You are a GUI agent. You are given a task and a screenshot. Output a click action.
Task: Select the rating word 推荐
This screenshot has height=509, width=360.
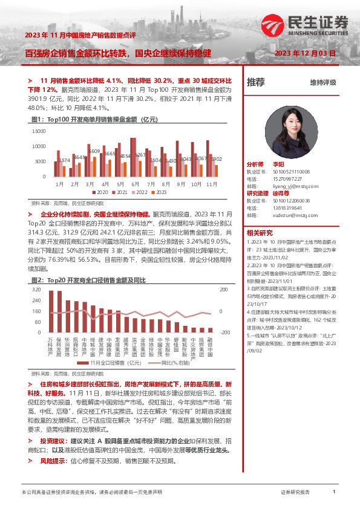pyautogui.click(x=256, y=82)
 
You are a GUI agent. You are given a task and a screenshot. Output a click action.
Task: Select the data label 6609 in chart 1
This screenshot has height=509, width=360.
pyautogui.click(x=94, y=151)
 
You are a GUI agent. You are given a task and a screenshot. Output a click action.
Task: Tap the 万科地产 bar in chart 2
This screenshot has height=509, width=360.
pyautogui.click(x=51, y=312)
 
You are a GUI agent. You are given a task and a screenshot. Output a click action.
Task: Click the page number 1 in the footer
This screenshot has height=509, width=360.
pyautogui.click(x=334, y=493)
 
